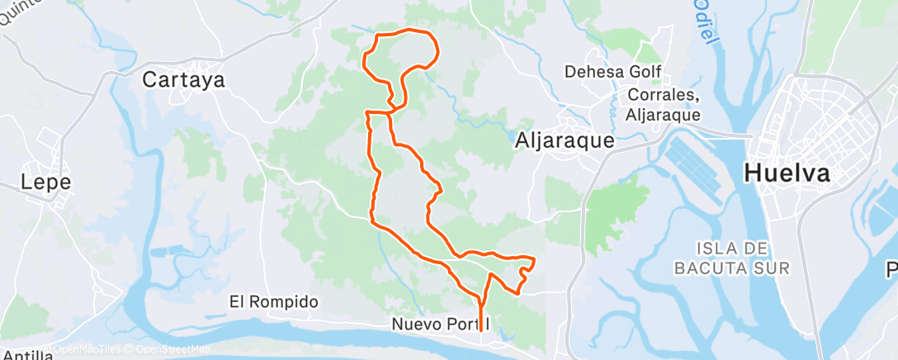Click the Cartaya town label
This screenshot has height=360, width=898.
pyautogui.click(x=184, y=80)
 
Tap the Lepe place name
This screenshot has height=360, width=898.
pyautogui.click(x=46, y=182)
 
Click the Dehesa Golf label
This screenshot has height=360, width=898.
pyautogui.click(x=612, y=73)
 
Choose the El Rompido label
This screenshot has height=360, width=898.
pyautogui.click(x=273, y=302)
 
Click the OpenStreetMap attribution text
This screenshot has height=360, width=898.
pyautogui.click(x=170, y=349)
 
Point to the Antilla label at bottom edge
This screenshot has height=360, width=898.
pyautogui.click(x=26, y=356)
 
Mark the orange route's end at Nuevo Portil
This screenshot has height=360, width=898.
pyautogui.click(x=481, y=331)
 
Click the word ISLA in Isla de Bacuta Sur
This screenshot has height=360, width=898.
pyautogui.click(x=713, y=249)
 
